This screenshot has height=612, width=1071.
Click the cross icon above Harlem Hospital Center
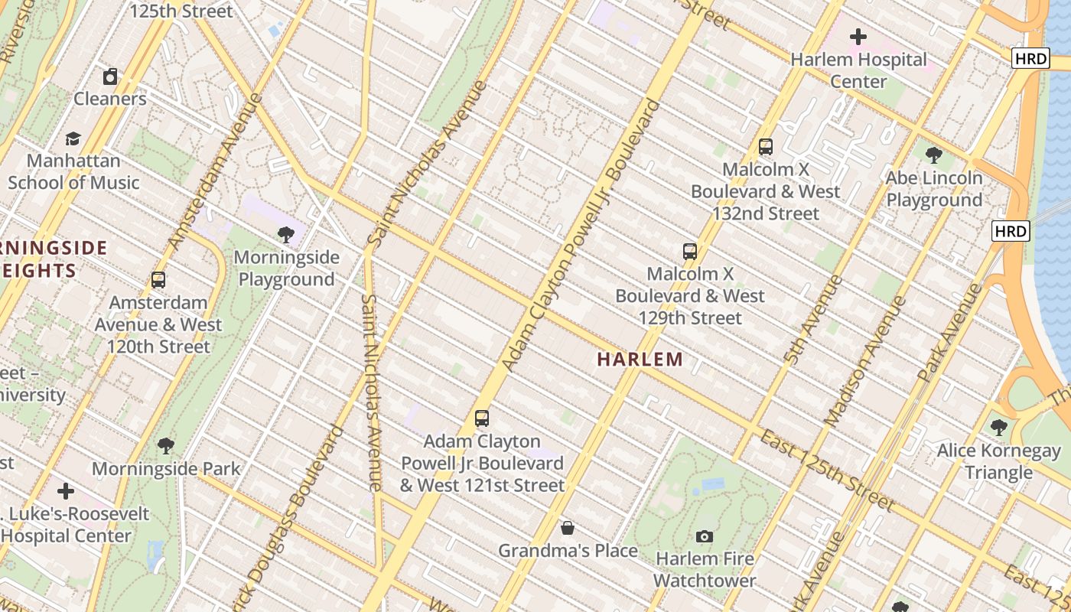(858, 36)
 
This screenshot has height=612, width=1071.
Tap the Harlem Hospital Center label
(858, 70)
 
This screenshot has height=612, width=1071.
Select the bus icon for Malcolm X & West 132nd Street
(766, 147)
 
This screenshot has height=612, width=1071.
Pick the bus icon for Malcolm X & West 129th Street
(690, 251)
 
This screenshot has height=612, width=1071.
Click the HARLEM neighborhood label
(640, 359)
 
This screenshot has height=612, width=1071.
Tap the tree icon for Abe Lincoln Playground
(933, 155)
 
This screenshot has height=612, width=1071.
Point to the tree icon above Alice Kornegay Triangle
(998, 428)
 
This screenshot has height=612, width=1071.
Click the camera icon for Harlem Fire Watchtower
(705, 537)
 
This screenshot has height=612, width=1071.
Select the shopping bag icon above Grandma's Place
(568, 528)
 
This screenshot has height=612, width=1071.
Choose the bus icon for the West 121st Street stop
(482, 418)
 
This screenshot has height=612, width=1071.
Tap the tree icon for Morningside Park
(166, 446)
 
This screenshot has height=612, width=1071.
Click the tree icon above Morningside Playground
(286, 234)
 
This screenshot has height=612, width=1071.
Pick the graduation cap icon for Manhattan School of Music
(73, 138)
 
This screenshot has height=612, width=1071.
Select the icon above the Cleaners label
(110, 76)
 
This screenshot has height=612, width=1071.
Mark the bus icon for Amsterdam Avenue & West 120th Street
(158, 280)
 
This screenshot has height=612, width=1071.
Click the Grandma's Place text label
(568, 551)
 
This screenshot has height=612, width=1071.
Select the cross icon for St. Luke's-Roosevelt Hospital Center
(66, 490)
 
